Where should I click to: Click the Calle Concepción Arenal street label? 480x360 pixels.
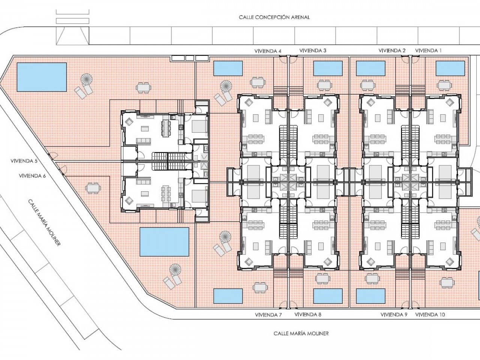(274, 17)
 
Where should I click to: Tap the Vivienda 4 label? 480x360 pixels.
(268, 51)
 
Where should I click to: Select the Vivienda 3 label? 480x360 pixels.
(313, 50)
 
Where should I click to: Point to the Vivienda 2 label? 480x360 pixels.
(392, 50)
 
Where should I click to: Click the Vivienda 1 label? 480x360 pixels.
(429, 50)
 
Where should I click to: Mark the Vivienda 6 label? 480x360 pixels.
(32, 175)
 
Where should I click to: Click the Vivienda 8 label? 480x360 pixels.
(308, 315)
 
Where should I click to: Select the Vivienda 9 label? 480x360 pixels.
(394, 315)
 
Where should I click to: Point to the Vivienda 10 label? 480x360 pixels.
(430, 315)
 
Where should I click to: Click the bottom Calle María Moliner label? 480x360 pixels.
(301, 333)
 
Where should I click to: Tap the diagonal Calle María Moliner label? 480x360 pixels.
(44, 222)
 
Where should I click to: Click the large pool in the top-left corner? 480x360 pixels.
(42, 77)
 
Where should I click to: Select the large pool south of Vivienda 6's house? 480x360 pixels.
(164, 241)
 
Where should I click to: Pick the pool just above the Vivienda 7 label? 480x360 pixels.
(228, 296)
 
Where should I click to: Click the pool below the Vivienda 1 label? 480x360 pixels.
(450, 68)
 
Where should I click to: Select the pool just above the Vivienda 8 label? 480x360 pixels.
(328, 296)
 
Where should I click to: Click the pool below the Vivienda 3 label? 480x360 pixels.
(328, 68)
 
